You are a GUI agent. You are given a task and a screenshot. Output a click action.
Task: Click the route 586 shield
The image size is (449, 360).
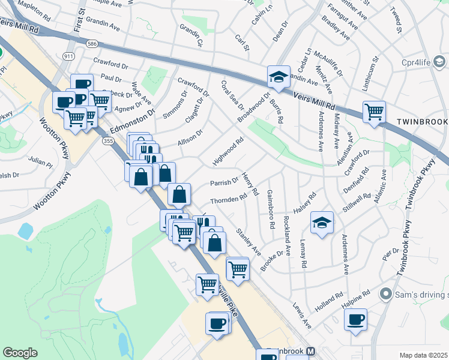(92, 44)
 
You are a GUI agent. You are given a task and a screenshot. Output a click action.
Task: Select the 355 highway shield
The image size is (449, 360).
(107, 141)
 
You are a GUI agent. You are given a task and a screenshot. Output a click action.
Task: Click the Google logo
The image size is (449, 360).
(20, 353)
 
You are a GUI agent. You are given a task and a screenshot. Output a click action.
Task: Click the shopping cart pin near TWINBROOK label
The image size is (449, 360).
(374, 112)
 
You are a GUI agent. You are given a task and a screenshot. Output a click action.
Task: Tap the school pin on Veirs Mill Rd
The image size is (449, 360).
(279, 77)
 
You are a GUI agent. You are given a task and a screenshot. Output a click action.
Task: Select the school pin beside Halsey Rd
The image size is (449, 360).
(322, 224)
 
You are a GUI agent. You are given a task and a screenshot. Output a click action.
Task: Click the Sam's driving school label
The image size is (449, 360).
(414, 295)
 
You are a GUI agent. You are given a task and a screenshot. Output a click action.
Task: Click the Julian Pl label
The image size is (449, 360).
(40, 161)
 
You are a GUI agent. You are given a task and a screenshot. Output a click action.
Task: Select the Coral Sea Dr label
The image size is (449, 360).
(232, 95)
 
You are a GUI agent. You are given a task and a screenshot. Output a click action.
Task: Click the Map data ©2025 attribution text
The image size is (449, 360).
(424, 355)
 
